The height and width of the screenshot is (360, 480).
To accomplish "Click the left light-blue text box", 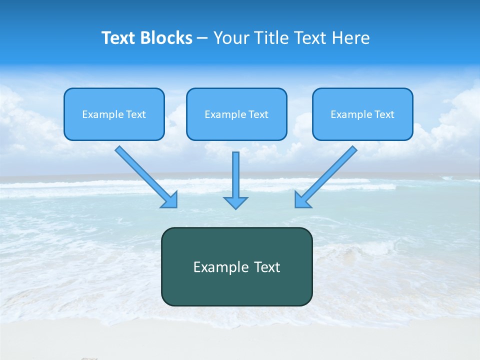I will [114, 114].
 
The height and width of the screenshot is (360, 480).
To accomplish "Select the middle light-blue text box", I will [236, 114].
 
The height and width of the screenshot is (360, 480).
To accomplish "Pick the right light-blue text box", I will [362, 114].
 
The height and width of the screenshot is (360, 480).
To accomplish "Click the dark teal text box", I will [236, 266].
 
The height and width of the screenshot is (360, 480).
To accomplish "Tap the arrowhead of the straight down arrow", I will [235, 202].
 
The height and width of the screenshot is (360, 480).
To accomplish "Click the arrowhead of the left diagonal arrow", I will [170, 200].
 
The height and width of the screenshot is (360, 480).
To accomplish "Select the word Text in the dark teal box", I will [267, 267].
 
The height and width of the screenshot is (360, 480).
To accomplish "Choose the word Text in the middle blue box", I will [257, 114].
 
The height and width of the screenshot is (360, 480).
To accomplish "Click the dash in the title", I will [202, 38].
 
